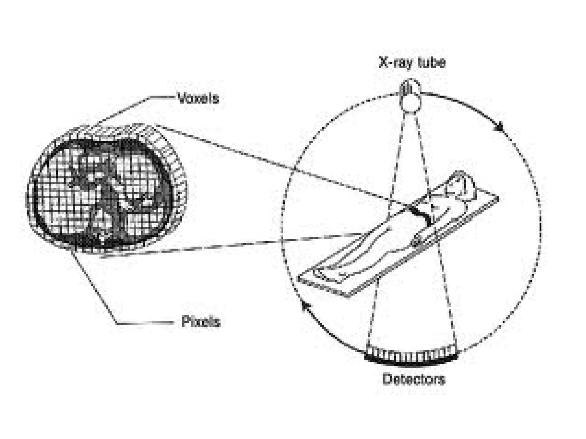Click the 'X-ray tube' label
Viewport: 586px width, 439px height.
tap(412, 63)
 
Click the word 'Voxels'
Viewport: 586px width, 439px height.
tap(198, 98)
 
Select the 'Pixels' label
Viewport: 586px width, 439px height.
tap(201, 322)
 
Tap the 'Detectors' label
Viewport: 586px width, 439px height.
tap(414, 379)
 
